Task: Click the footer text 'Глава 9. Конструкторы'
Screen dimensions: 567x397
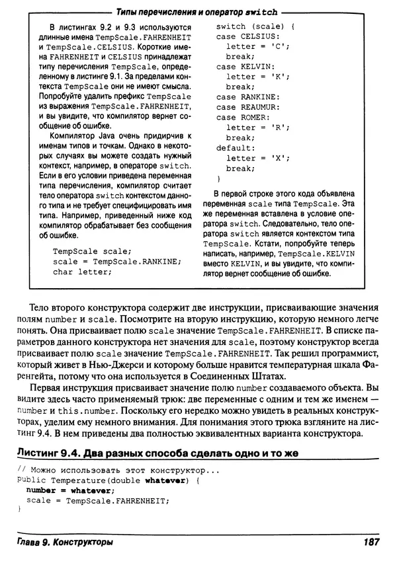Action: [x=64, y=543]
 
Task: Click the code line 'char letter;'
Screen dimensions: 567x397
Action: [x=83, y=272]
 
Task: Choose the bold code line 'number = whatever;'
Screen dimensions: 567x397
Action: [x=66, y=490]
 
